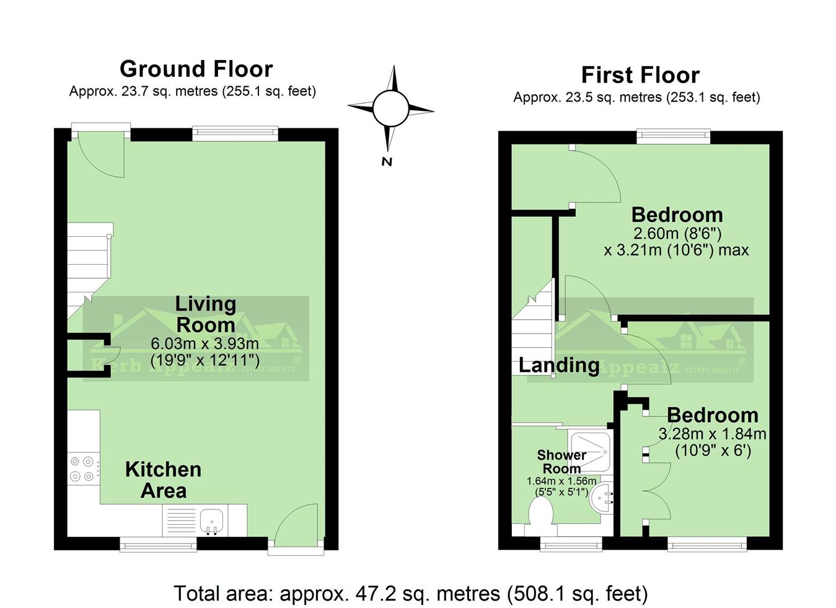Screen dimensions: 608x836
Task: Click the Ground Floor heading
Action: pyautogui.click(x=196, y=68)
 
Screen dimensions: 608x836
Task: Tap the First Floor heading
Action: pyautogui.click(x=640, y=75)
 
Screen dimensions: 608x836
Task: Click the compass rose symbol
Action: pyautogui.click(x=390, y=109)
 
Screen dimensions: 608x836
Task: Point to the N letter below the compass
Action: pyautogui.click(x=387, y=162)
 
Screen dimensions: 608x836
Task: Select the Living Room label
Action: pyautogui.click(x=205, y=314)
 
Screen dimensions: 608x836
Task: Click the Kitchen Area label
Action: pyautogui.click(x=163, y=480)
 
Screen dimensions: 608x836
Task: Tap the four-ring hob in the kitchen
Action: pyautogui.click(x=82, y=469)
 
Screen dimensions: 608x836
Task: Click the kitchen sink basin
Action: pyautogui.click(x=213, y=518)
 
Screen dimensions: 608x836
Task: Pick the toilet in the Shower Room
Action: pyautogui.click(x=541, y=515)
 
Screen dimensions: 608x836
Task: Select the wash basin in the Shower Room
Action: pyautogui.click(x=601, y=498)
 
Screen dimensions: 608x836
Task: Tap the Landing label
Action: pyautogui.click(x=558, y=365)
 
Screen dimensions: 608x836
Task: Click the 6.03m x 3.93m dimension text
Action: pyautogui.click(x=205, y=343)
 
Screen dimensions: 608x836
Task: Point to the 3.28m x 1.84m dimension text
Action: pyautogui.click(x=712, y=434)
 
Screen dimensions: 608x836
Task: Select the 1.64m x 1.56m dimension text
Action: pyautogui.click(x=561, y=481)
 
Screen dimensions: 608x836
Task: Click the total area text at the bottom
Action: pyautogui.click(x=410, y=593)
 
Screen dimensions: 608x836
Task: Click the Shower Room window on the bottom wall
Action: pyautogui.click(x=571, y=544)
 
